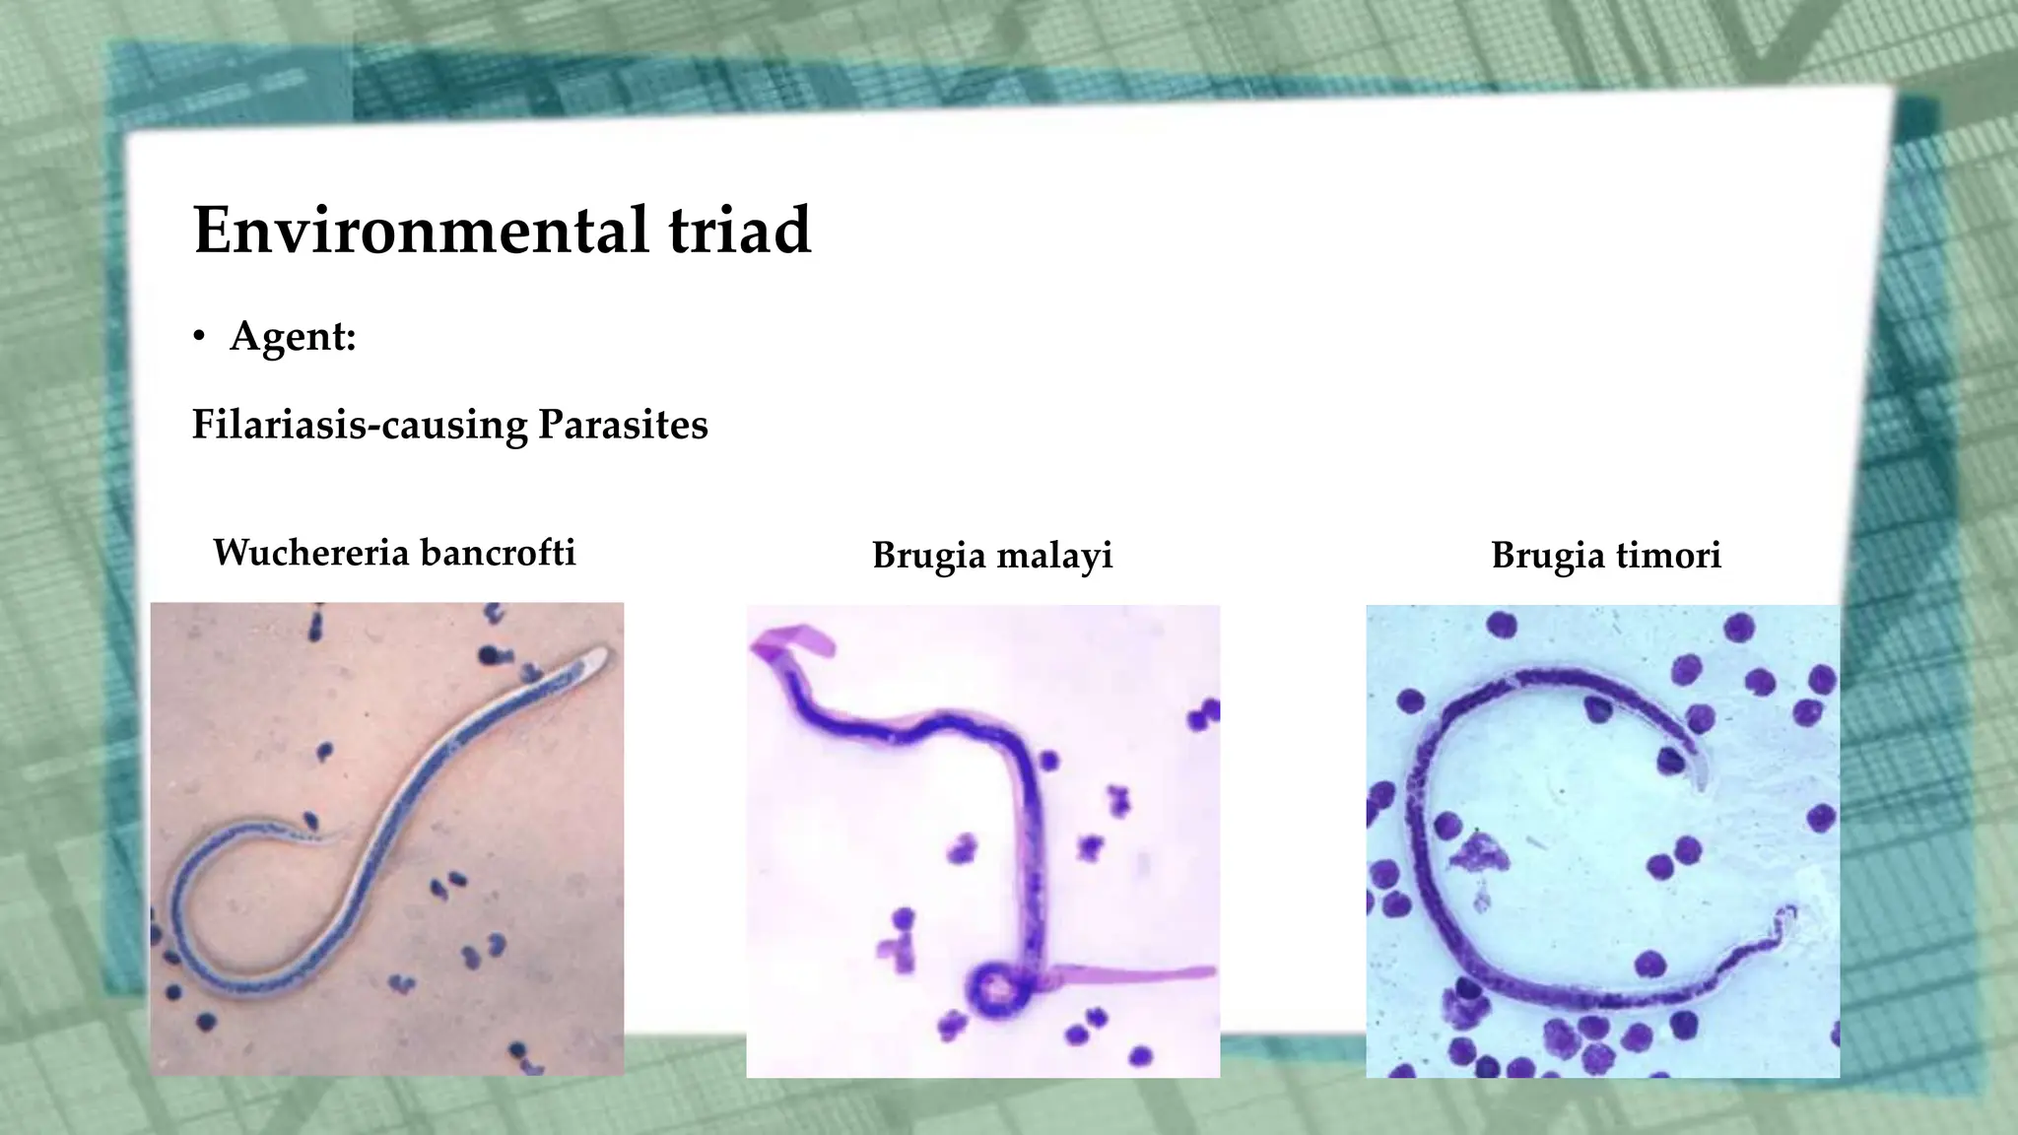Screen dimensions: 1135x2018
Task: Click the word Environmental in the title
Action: click(x=421, y=230)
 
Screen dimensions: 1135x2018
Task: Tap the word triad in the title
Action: click(x=739, y=230)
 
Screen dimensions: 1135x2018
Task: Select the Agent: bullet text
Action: click(x=293, y=336)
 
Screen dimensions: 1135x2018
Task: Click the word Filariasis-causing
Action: click(x=360, y=425)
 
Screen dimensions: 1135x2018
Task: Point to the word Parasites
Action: click(x=623, y=425)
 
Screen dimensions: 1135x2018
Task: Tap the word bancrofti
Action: click(x=498, y=553)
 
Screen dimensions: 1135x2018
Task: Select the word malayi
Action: click(x=1054, y=556)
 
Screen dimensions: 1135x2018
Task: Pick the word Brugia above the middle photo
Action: click(x=928, y=556)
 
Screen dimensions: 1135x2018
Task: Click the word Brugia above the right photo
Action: click(x=1547, y=555)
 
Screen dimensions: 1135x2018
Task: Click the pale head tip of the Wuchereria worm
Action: click(x=598, y=657)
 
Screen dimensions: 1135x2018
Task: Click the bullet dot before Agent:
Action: click(x=200, y=338)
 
